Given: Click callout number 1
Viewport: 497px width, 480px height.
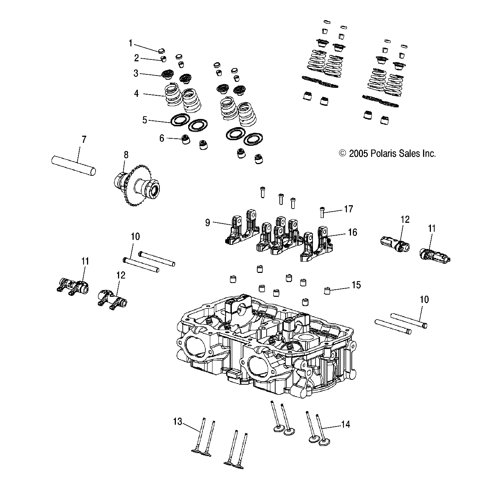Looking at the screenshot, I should tap(130, 43).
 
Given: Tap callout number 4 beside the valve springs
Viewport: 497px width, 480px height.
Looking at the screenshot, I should tap(136, 93).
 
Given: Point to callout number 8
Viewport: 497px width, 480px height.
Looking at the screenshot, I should tap(126, 154).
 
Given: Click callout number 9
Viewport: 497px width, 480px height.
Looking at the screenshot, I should tap(208, 223).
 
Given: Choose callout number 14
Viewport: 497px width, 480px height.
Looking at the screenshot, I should tap(345, 424).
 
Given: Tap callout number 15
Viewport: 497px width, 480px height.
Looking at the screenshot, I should tap(356, 285).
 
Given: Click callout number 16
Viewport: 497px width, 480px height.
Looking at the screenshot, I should tap(352, 232).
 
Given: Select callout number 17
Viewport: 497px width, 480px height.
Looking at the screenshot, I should tap(348, 209).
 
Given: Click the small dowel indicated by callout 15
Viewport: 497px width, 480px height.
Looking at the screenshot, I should tap(327, 290).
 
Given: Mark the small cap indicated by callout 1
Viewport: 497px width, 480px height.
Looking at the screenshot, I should tap(161, 50).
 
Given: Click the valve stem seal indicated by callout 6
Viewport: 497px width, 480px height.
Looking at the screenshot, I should tap(185, 140).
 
